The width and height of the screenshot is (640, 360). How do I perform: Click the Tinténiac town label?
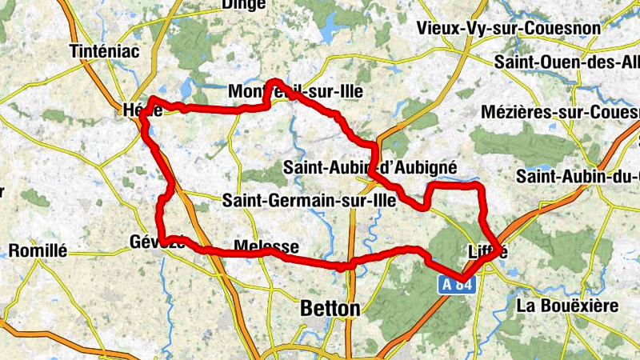(x=105, y=50)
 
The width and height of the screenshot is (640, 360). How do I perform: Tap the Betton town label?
(x=330, y=308)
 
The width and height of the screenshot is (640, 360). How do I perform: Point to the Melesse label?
(x=266, y=246)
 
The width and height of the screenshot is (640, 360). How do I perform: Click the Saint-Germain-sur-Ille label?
(x=310, y=201)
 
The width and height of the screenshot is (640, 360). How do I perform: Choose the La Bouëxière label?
(x=567, y=306)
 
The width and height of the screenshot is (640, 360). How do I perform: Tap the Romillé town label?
(x=38, y=250)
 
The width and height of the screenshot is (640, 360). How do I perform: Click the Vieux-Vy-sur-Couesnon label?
(x=508, y=29)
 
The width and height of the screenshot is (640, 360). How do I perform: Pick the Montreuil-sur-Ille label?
(x=295, y=92)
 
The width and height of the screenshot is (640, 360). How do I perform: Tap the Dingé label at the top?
(x=244, y=5)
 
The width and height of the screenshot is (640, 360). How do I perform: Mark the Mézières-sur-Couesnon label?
(x=560, y=112)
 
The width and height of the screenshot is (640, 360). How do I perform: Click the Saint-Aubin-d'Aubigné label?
(x=370, y=167)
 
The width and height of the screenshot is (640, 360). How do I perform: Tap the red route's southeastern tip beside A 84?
(x=462, y=280)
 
